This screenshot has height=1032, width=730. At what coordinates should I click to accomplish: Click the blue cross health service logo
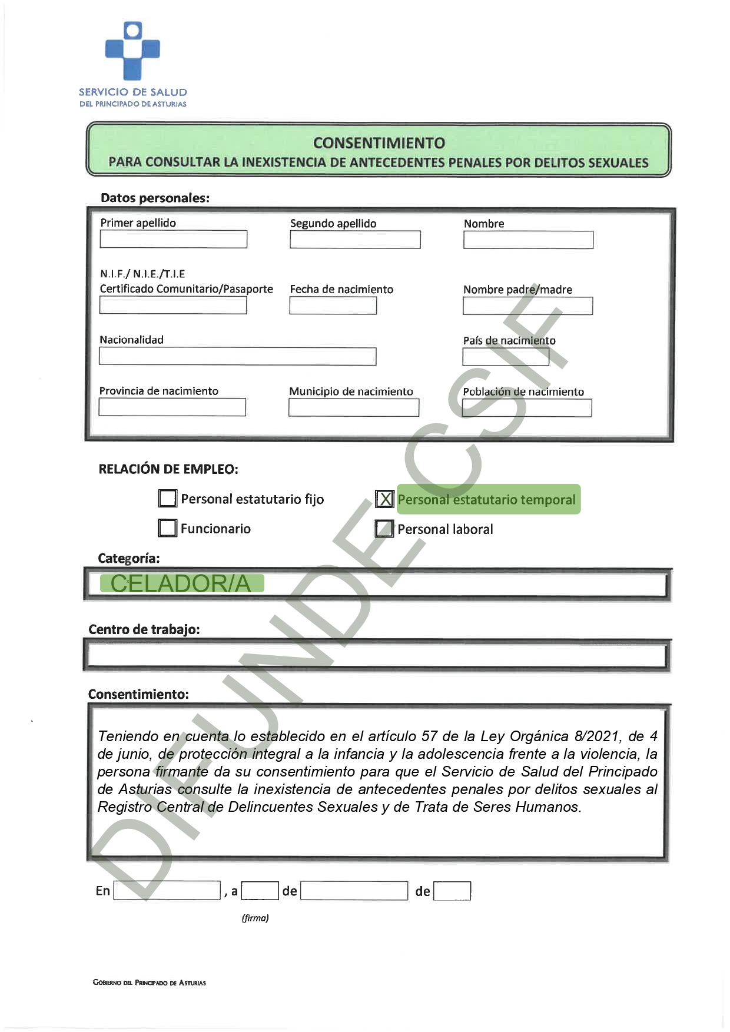[x=132, y=51]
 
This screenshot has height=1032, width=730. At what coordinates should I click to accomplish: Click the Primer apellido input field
[x=174, y=239]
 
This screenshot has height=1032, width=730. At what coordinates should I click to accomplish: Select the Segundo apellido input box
[x=355, y=240]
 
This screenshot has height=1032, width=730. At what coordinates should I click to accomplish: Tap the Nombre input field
[x=528, y=240]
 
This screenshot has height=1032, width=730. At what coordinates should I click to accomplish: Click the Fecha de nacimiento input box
[x=333, y=306]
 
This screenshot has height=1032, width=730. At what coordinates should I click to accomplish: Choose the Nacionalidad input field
[x=237, y=356]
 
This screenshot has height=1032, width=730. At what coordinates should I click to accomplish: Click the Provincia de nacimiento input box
[x=172, y=407]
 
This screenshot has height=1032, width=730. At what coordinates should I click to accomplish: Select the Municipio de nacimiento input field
[x=353, y=407]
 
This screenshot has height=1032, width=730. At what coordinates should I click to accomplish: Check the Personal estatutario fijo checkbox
[x=168, y=499]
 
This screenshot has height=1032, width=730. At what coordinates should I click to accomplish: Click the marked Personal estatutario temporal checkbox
[x=384, y=499]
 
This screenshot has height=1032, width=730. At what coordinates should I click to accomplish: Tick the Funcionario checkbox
[x=168, y=528]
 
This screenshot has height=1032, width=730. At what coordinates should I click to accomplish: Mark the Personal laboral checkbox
[x=384, y=529]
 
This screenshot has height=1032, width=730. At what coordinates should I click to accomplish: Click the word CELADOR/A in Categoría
[x=181, y=583]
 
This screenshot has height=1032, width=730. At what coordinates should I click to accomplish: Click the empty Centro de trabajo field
[x=377, y=655]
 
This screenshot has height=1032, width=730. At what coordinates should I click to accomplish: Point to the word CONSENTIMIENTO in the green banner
[x=379, y=143]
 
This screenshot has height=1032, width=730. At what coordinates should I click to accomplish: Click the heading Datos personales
[x=155, y=198]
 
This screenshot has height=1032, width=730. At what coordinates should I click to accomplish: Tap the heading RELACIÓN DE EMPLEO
[x=168, y=469]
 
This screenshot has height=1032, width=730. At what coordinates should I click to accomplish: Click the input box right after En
[x=167, y=890]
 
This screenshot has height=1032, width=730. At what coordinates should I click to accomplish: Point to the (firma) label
[x=255, y=918]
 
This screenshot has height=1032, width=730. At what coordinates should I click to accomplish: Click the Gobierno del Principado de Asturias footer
[x=149, y=983]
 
